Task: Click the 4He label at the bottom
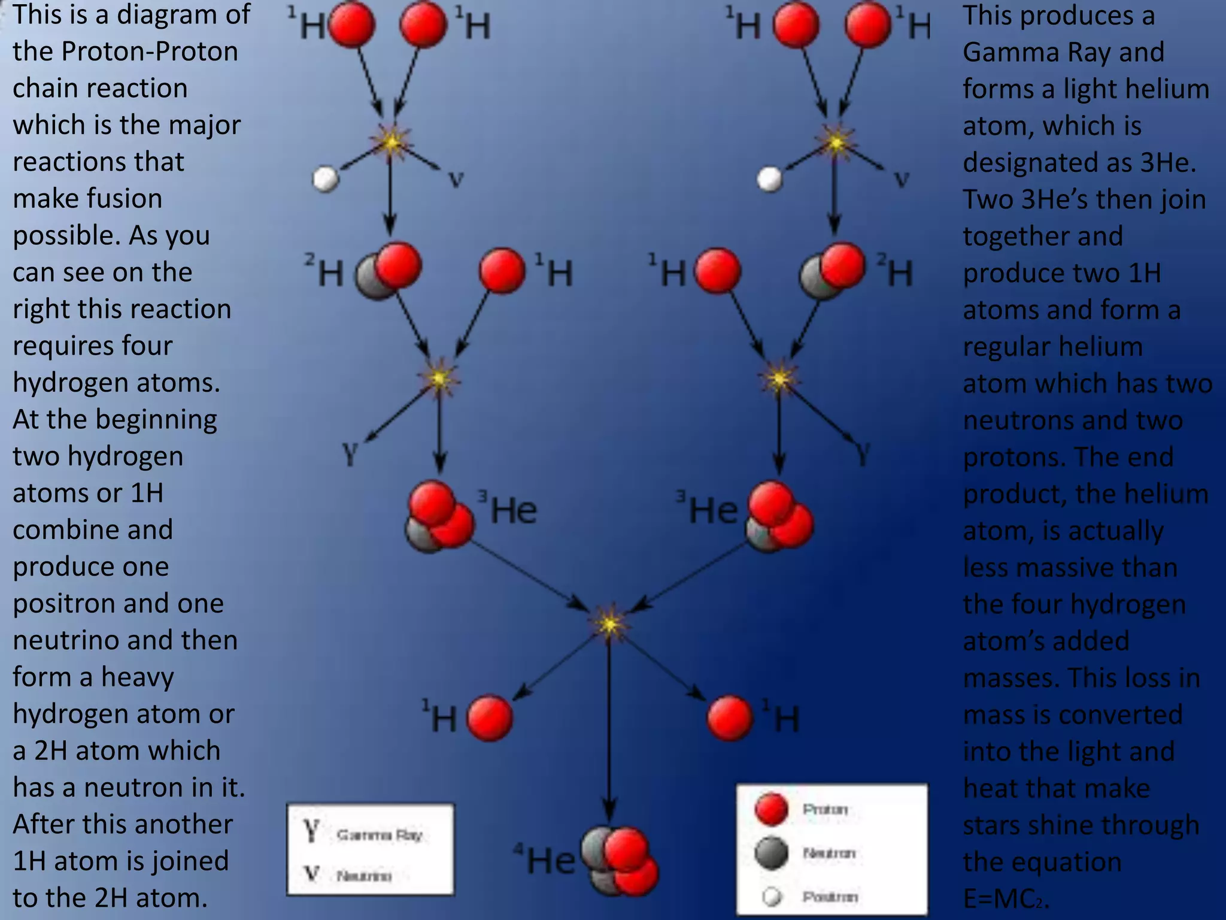click(x=544, y=860)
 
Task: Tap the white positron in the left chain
click(x=326, y=179)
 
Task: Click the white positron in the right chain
click(x=769, y=178)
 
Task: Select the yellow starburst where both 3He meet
click(x=609, y=624)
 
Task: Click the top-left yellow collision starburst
click(x=391, y=142)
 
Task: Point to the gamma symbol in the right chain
click(x=863, y=453)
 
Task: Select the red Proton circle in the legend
click(x=771, y=809)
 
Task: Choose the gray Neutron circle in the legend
click(x=771, y=853)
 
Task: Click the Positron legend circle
click(x=772, y=897)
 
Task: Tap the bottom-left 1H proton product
click(x=489, y=718)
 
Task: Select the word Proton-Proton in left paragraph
click(x=150, y=52)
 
